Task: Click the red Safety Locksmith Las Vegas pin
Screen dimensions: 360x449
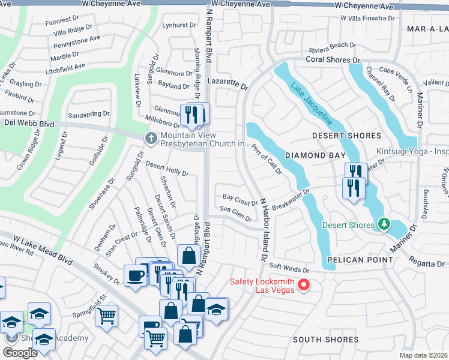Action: click(304, 285)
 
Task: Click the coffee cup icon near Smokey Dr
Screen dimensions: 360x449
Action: click(135, 275)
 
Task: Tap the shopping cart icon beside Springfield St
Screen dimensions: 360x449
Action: click(106, 314)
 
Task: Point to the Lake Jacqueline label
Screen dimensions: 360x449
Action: click(311, 103)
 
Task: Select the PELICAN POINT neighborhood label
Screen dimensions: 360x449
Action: click(360, 260)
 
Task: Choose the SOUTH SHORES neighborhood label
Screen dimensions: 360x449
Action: click(325, 340)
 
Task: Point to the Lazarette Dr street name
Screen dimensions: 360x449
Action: click(227, 83)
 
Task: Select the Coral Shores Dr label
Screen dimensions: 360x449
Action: click(333, 60)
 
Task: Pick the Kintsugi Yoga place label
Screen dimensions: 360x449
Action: click(412, 151)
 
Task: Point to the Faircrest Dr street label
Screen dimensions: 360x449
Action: click(62, 19)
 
